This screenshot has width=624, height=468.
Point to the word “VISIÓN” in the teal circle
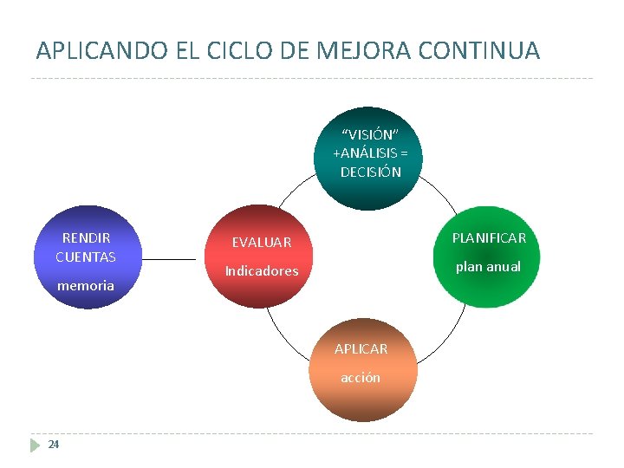[370, 134]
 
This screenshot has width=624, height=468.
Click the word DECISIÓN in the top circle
[370, 172]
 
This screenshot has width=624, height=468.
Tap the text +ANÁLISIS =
[370, 153]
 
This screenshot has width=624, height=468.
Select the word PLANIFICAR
[489, 237]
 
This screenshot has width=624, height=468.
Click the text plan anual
[488, 266]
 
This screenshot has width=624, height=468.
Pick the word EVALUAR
[261, 242]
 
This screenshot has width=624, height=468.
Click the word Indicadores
[261, 270]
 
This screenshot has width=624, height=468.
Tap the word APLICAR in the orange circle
[361, 348]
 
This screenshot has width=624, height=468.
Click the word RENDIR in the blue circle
[86, 237]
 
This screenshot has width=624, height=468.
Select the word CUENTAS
[86, 257]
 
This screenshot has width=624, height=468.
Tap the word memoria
[85, 285]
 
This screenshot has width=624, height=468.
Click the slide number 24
[54, 445]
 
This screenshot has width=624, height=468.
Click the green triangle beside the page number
[35, 445]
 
